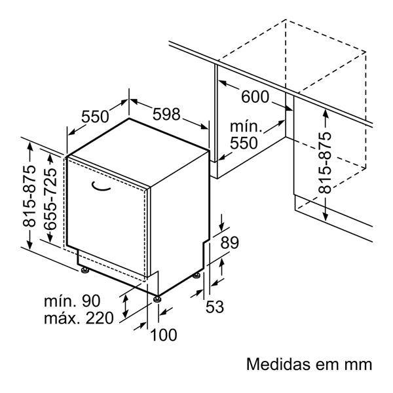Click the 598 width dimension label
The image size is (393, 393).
(166, 114)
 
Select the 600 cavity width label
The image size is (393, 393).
(255, 97)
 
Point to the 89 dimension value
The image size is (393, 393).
(229, 242)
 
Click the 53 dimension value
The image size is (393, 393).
(214, 306)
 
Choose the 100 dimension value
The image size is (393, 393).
(164, 335)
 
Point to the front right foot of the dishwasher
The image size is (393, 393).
(157, 299)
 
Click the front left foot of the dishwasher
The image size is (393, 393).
(84, 269)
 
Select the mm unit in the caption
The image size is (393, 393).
(358, 364)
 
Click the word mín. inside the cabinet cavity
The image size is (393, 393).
(246, 126)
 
